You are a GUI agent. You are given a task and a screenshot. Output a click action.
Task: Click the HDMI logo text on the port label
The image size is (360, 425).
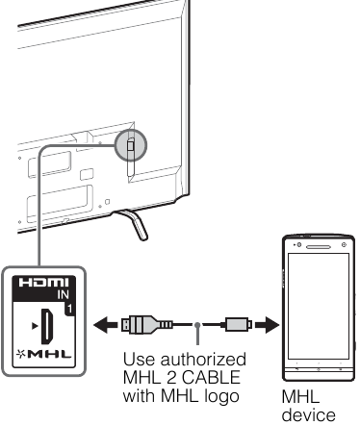point(43,283)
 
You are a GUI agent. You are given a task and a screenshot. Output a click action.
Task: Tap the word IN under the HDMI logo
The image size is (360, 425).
point(64,294)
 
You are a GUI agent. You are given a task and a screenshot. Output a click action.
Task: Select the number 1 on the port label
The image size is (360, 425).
point(69,309)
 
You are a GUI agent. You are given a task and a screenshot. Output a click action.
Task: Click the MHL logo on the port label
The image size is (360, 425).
point(44,354)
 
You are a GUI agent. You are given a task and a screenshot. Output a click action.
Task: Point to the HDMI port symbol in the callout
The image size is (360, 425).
point(47,326)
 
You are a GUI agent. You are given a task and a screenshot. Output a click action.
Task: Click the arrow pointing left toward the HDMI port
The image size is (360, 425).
point(105,325)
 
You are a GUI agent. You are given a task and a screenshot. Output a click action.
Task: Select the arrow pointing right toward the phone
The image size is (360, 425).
point(267,325)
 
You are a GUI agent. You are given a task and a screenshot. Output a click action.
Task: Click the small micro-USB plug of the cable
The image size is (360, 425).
point(236,324)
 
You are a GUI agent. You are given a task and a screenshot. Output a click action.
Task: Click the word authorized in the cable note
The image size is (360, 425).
point(203,360)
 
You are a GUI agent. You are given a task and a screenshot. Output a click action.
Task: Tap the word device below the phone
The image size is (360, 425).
point(309,415)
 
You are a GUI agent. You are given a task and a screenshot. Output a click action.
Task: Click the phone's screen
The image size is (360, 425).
point(319,306)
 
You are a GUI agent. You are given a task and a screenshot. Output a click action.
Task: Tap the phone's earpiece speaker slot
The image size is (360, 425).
point(319,247)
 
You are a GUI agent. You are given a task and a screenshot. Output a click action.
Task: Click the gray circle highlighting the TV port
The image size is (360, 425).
point(131,145)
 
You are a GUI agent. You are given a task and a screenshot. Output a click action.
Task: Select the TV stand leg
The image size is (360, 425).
point(134,224)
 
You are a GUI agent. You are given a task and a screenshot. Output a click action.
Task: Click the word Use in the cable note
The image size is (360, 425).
point(139,360)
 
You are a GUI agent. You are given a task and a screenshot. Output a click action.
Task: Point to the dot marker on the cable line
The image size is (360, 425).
point(197,325)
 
